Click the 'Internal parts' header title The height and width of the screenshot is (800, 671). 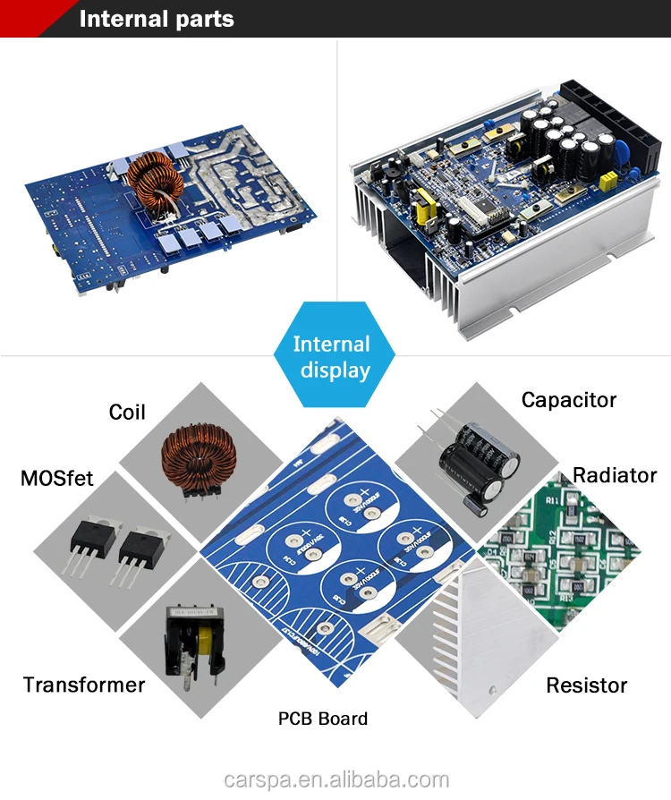(157, 19)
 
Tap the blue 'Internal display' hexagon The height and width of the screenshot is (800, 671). (332, 357)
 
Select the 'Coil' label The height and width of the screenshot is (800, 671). (127, 412)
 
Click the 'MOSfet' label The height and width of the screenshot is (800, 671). (56, 478)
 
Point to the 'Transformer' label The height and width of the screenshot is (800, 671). (83, 685)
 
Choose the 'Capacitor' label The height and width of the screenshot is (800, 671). (569, 400)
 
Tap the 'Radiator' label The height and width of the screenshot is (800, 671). (615, 475)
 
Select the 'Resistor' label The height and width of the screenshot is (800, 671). (587, 686)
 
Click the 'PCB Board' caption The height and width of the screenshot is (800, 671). (322, 719)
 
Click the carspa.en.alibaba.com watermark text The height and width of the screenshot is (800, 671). (335, 779)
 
